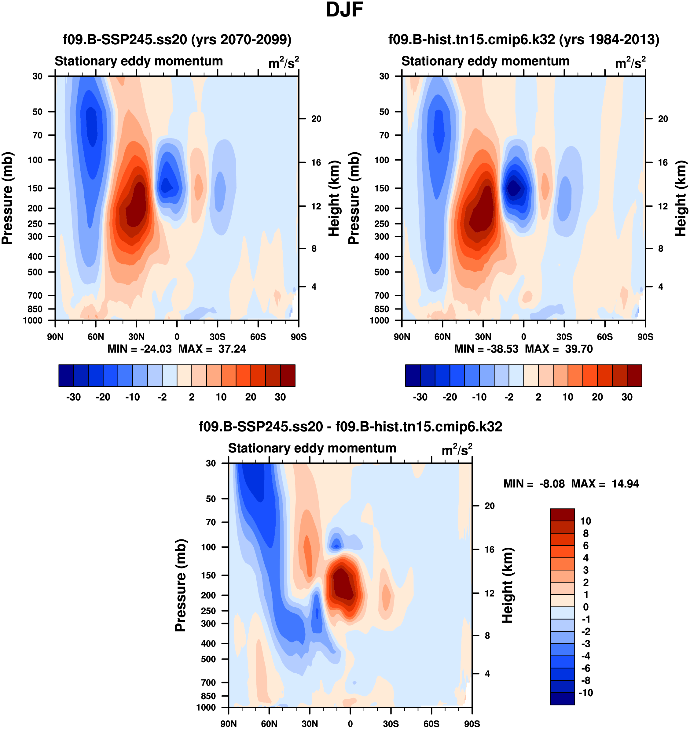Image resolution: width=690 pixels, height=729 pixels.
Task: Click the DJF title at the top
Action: coord(344,10)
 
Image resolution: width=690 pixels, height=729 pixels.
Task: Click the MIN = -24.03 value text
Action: coord(139,349)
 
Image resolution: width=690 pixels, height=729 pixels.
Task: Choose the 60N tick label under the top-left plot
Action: coord(96,337)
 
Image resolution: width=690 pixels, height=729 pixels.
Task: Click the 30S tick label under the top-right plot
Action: coord(564,337)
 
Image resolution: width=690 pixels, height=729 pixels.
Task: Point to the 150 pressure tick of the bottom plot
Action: coord(208,575)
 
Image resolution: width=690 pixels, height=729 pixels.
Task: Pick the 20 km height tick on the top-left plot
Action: coord(316,119)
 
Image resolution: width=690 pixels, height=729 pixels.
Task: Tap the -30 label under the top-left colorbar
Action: coord(73,397)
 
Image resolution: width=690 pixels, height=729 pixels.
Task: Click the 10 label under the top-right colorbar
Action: coord(568,397)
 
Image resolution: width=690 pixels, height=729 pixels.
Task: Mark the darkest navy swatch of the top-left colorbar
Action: coord(66,376)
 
